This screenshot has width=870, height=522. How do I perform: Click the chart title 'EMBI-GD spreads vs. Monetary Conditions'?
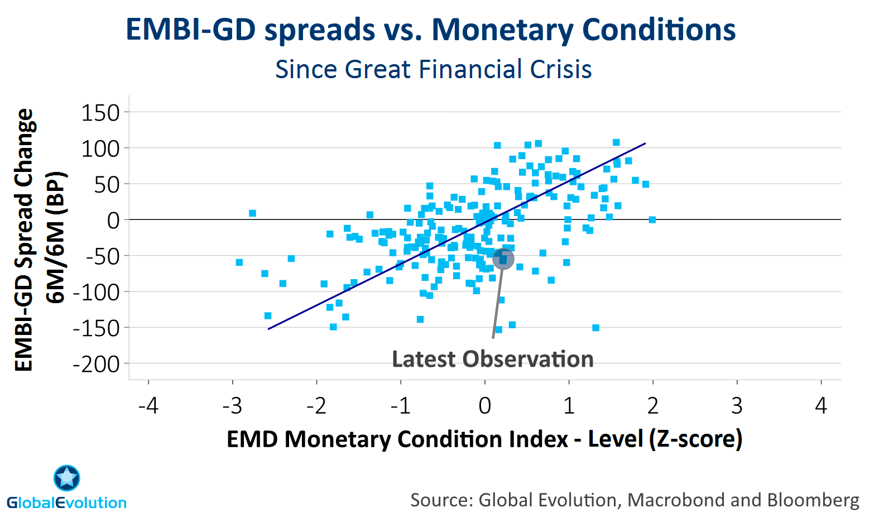click(431, 30)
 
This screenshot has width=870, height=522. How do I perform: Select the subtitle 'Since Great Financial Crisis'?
click(434, 69)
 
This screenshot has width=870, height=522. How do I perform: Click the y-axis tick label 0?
click(113, 221)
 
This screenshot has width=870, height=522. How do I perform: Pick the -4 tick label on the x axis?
click(149, 406)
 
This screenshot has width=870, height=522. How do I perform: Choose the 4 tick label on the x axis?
click(821, 406)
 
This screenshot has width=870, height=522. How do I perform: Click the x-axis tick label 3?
click(737, 406)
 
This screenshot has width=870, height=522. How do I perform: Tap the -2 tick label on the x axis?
click(316, 406)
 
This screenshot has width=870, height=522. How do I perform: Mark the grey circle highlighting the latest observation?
click(503, 258)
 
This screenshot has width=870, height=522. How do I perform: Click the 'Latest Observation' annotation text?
click(493, 359)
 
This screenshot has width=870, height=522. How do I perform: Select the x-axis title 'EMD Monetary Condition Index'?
click(397, 439)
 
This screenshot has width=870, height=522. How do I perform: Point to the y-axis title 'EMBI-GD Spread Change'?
click(24, 240)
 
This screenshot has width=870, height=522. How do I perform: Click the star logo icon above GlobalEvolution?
click(67, 478)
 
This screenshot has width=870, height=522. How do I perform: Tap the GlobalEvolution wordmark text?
click(66, 502)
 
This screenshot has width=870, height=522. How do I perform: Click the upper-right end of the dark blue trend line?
click(646, 143)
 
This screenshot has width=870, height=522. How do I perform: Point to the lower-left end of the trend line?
click(268, 329)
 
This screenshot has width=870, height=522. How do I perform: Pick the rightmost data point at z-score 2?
click(652, 219)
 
